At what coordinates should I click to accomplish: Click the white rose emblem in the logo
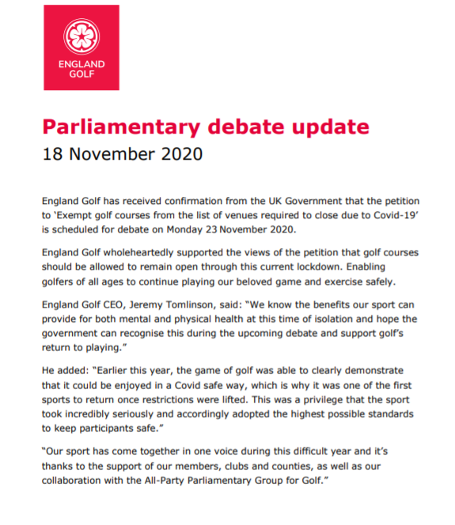(82, 36)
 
